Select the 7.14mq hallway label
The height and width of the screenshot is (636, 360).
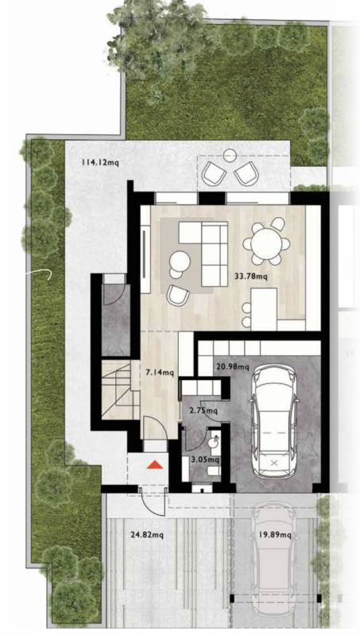[x=160, y=371]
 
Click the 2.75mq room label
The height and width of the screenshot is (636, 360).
[x=203, y=410]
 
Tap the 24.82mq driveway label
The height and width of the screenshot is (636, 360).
[x=147, y=535]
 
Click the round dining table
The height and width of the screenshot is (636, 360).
[x=265, y=240]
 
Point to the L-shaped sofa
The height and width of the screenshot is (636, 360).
[x=205, y=242]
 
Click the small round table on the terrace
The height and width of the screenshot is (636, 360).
[x=229, y=156]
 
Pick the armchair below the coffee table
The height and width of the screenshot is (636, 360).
[x=178, y=295]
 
